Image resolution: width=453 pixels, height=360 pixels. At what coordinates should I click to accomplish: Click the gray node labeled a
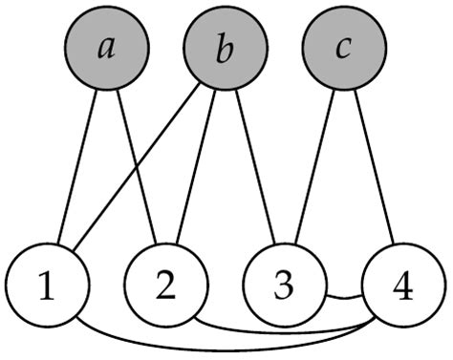pyautogui.click(x=107, y=48)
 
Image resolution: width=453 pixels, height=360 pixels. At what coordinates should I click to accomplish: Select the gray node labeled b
pyautogui.click(x=224, y=48)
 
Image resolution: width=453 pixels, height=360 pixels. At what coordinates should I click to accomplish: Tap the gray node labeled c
pyautogui.click(x=342, y=48)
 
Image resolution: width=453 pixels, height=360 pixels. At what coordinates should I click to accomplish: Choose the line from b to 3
pyautogui.click(x=253, y=167)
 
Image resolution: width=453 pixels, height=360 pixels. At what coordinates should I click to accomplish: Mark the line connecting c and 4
pyautogui.click(x=373, y=167)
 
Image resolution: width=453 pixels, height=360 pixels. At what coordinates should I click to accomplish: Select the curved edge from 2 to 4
pyautogui.click(x=287, y=333)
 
